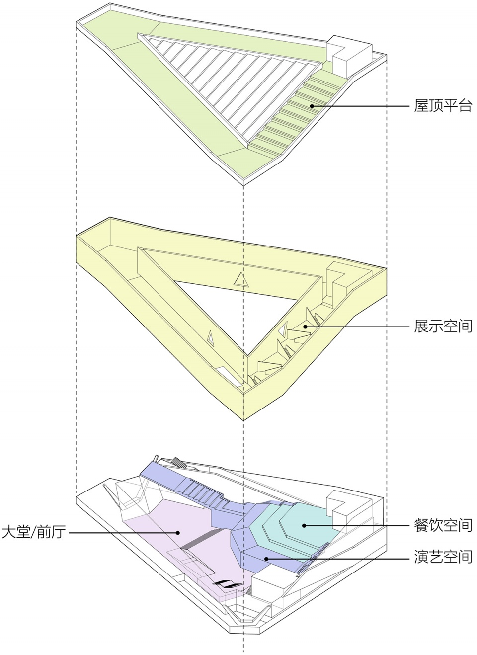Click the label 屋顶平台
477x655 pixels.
tap(443, 106)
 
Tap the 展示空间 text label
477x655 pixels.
tap(443, 326)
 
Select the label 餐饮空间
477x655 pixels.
tap(443, 525)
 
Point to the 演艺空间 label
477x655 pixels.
tap(443, 557)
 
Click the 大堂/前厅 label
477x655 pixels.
tap(34, 532)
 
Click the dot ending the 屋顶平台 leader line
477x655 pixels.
tap(312, 106)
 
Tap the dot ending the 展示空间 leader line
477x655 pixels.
tap(305, 327)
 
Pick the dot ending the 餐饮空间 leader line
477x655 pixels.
tap(304, 525)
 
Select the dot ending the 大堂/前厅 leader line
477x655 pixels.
tap(177, 533)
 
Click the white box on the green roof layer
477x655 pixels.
tap(349, 57)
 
